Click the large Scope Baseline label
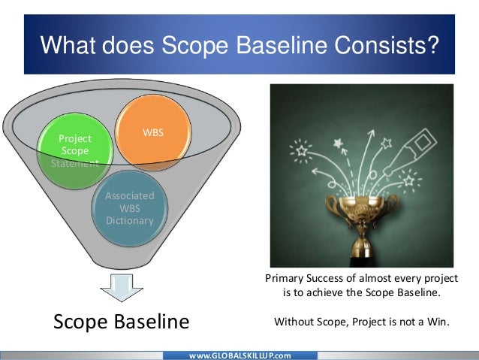120,322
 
